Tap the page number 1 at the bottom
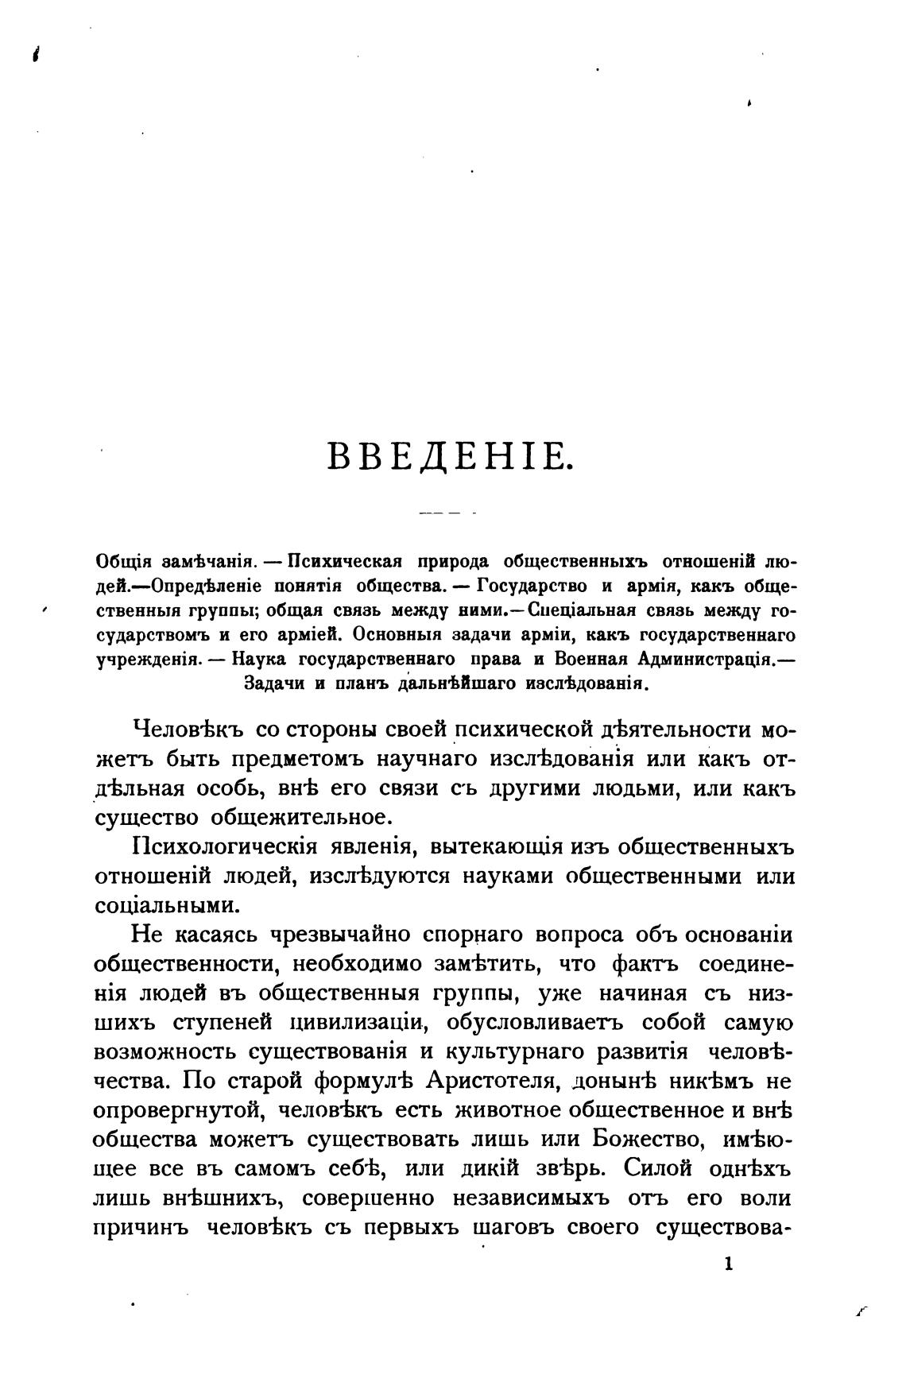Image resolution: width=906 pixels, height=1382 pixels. [x=728, y=1264]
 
